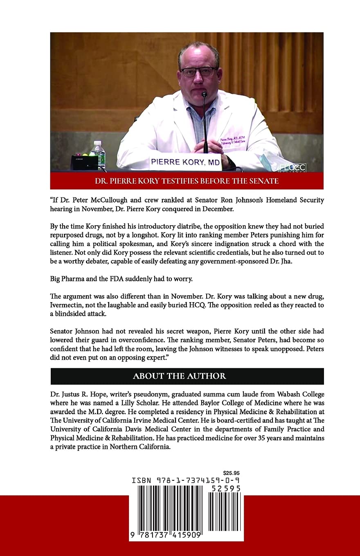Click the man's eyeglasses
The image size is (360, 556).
[198, 72]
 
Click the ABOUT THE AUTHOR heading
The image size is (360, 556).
[179, 376]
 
